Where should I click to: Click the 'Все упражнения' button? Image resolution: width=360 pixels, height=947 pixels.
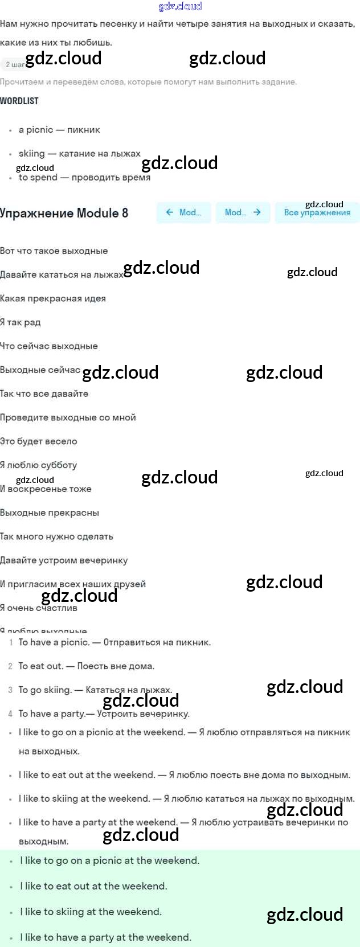pos(317,212)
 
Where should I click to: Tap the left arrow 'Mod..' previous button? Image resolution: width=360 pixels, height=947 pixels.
pos(183,212)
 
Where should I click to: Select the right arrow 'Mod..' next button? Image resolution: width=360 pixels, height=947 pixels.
pos(243,212)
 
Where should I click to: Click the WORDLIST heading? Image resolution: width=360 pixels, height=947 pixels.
pos(19,101)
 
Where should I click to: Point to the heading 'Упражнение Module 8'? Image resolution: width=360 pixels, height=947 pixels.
pos(64,213)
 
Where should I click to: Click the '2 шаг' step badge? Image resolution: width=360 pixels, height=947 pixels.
pos(13,65)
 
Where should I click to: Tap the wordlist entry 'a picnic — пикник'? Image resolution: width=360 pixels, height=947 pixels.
pos(59,130)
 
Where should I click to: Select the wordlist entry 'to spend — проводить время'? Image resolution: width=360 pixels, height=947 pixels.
pos(84,178)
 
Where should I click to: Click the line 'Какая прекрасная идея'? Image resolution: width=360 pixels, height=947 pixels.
pos(53,298)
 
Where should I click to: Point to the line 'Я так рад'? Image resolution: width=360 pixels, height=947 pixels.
pos(21,322)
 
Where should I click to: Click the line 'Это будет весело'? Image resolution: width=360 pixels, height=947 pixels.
pos(39,441)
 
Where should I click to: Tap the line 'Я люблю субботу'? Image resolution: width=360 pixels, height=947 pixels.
pos(39,465)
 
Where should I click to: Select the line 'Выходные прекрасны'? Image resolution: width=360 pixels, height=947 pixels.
pos(50,513)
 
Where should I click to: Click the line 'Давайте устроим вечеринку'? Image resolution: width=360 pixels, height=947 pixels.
pos(64,560)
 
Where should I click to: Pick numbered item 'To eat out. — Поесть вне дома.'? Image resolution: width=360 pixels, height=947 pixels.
pos(86,666)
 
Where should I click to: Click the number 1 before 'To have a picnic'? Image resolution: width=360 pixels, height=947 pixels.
pos(11,642)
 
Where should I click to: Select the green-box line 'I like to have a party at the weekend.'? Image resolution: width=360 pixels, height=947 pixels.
pos(105,937)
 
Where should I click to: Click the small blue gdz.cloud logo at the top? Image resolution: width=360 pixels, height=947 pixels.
pos(180,6)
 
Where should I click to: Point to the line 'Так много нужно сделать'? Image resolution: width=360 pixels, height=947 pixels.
pos(57,536)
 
